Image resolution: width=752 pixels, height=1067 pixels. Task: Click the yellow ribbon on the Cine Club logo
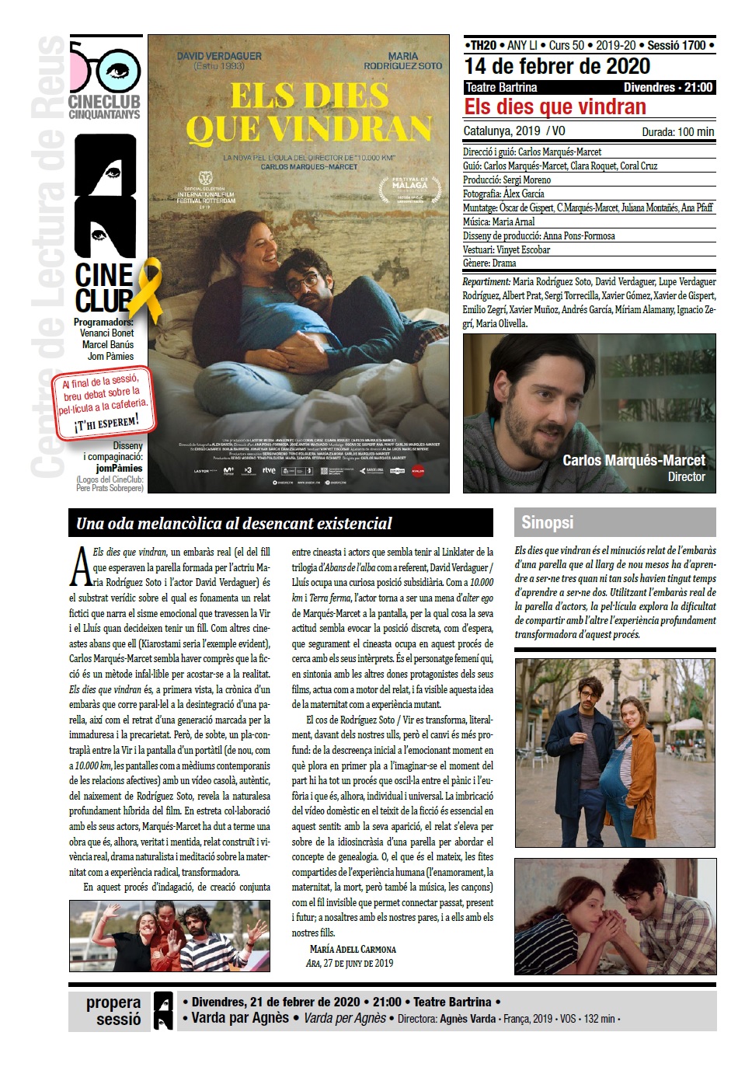click(x=149, y=288)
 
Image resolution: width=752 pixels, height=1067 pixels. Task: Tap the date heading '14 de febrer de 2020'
click(x=556, y=66)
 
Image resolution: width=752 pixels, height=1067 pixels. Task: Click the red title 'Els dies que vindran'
click(x=555, y=107)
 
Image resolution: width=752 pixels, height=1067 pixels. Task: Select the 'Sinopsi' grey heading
click(x=547, y=522)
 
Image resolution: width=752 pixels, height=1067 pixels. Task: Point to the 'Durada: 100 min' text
click(x=677, y=132)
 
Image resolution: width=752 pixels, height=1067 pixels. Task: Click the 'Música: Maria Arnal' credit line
click(x=499, y=221)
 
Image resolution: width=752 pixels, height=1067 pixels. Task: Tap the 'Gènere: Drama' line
click(x=489, y=263)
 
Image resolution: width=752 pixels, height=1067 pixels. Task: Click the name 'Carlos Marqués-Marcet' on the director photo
click(x=633, y=460)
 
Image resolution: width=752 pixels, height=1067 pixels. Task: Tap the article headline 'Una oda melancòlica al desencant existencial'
click(x=234, y=524)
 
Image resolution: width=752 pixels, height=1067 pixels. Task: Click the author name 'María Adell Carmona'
click(x=353, y=949)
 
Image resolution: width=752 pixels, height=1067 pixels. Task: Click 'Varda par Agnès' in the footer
click(x=240, y=1018)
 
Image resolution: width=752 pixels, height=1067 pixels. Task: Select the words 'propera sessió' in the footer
click(x=113, y=1011)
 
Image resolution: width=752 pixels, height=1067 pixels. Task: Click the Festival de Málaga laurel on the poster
click(x=409, y=189)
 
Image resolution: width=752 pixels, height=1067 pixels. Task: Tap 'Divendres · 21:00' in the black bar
click(x=667, y=88)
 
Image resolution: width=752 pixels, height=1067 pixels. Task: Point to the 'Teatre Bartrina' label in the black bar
click(x=501, y=88)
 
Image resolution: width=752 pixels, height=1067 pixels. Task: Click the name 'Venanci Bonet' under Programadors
click(x=106, y=333)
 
